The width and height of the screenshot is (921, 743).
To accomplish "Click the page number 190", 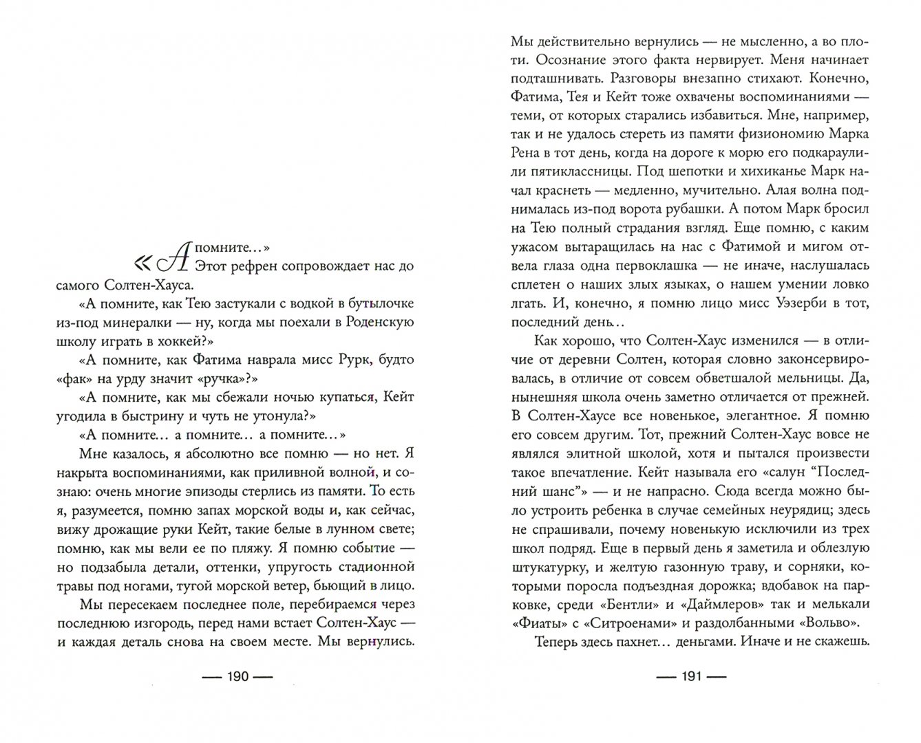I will point(236,676).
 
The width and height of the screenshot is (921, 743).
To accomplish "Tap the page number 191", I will point(690,676).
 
